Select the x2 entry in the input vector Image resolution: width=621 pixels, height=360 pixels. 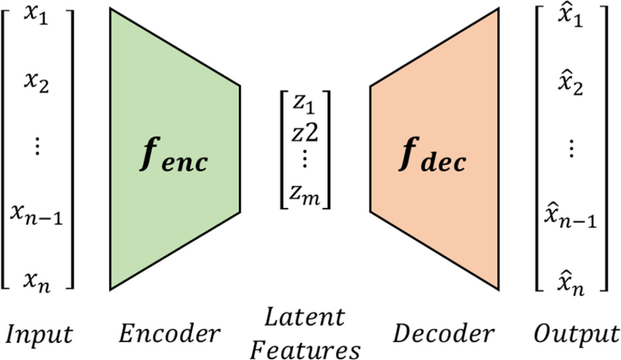point(37,84)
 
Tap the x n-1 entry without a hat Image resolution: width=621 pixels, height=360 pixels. point(37,215)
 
